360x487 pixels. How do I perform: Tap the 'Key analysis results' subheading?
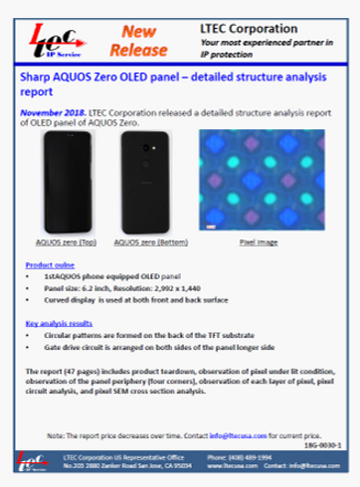pyautogui.click(x=60, y=322)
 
